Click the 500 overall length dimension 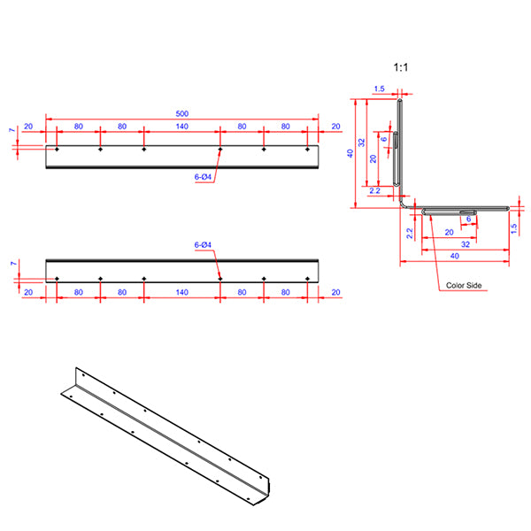coord(181,113)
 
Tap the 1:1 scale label coord(401,66)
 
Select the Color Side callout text coord(464,286)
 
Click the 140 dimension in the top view coord(181,127)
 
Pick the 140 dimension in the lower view coord(181,291)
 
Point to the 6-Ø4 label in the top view coord(203,177)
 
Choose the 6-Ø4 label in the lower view coord(203,244)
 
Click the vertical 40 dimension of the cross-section coord(351,153)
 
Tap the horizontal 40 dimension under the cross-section coord(454,256)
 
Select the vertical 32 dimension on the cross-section coord(362,142)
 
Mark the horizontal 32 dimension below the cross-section coord(466,243)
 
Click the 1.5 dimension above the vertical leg coord(379,88)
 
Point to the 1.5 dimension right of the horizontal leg coord(514,227)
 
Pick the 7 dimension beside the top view coord(12,131)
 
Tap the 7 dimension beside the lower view coord(12,264)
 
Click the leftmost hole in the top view coord(57,150)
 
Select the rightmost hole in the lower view coord(307,279)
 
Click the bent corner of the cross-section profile coord(403,204)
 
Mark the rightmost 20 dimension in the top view coord(335,127)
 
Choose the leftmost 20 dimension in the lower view coord(28,291)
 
